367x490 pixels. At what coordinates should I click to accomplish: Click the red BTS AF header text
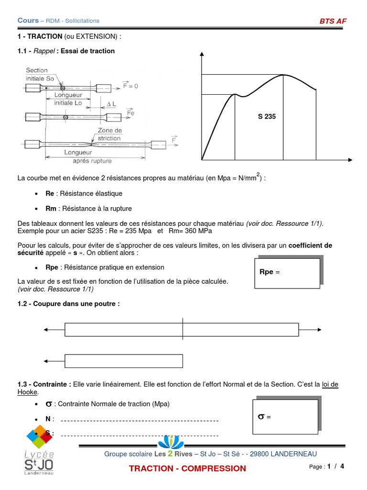pos(333,21)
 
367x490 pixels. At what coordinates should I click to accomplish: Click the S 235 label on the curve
pos(267,116)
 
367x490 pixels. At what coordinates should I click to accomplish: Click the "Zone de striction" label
pos(109,134)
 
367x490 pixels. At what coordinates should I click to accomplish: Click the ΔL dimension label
pos(111,104)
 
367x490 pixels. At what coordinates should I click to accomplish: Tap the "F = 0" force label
pos(130,86)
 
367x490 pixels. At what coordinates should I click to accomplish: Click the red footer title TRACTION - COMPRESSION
pos(187,468)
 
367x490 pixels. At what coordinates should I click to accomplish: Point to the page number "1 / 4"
pos(335,466)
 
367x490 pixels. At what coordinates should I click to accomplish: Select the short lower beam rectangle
pos(124,361)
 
